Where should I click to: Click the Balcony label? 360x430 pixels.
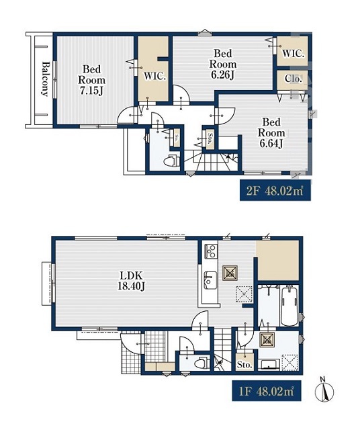tap(46, 79)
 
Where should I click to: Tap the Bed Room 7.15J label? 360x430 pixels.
tap(92, 80)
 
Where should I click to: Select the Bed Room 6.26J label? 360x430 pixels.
tap(222, 64)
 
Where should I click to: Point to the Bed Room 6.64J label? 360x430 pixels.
tap(271, 133)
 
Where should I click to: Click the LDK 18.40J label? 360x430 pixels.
tap(131, 280)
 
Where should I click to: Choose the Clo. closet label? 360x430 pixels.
tap(293, 79)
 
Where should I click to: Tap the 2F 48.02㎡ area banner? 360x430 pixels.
tap(275, 190)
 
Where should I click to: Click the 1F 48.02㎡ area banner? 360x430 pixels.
tap(267, 391)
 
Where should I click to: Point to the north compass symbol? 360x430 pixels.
tap(324, 389)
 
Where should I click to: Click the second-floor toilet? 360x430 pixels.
tap(171, 161)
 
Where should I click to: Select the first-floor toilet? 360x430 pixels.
tap(201, 363)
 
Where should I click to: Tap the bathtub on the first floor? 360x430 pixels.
tap(289, 305)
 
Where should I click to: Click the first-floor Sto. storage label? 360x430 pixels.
tap(244, 365)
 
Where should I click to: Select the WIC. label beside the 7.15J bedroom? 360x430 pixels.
tap(155, 76)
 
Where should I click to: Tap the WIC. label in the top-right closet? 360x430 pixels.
tap(293, 54)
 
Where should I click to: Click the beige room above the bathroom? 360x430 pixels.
tap(277, 261)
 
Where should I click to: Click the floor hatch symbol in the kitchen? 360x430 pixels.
tap(230, 273)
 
